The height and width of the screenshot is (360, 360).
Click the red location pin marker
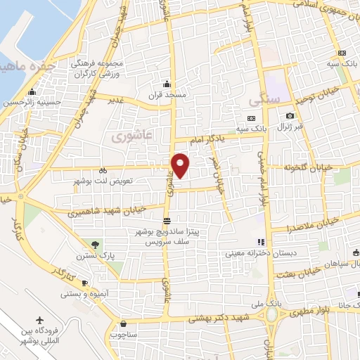pyautogui.click(x=181, y=165)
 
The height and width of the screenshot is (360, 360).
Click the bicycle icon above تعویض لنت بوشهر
pyautogui.click(x=103, y=169)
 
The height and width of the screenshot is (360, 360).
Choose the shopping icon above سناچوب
pyautogui.click(x=124, y=325)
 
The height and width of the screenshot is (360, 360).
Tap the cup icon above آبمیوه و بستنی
pyautogui.click(x=85, y=282)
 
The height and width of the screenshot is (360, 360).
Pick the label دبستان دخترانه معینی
pyautogui.click(x=287, y=252)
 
